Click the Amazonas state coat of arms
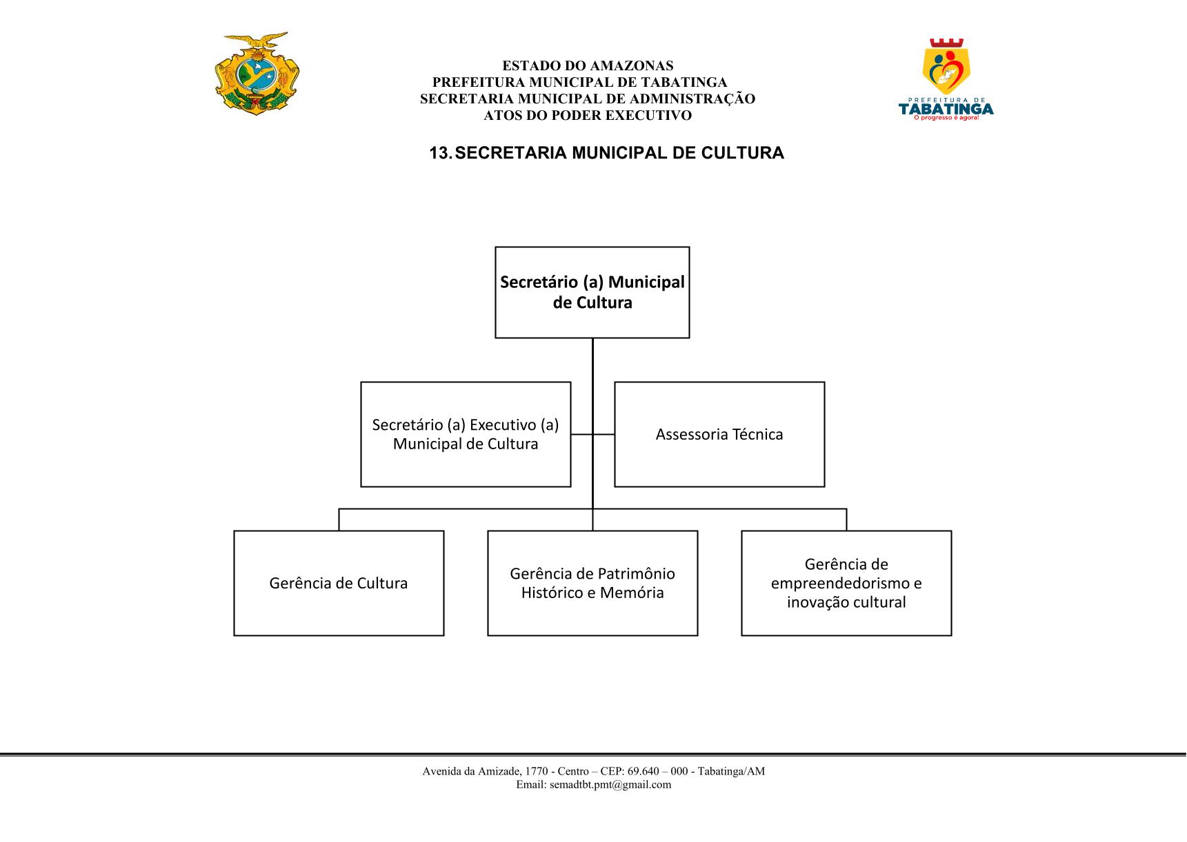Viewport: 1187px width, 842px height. (x=257, y=74)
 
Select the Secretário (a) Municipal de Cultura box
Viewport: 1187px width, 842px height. (x=592, y=292)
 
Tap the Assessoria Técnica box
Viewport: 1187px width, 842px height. (x=719, y=434)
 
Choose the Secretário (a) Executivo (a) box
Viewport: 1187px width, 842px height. (x=466, y=434)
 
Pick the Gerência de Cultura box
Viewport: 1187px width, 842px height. (x=339, y=583)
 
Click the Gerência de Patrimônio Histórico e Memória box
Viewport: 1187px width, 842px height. (x=592, y=583)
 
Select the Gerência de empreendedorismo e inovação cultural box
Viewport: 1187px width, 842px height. (x=846, y=583)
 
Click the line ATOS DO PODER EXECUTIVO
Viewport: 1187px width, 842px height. (x=588, y=116)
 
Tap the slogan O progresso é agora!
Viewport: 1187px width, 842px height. (x=946, y=118)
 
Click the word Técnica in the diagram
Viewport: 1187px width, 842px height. (x=758, y=434)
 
